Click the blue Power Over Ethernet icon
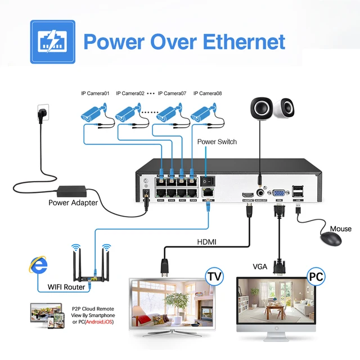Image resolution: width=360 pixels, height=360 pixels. coord(52,42)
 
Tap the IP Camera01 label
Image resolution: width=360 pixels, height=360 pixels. coord(96,93)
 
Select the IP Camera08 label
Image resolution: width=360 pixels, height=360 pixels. coord(208,93)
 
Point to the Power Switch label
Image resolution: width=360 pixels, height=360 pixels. coord(217,142)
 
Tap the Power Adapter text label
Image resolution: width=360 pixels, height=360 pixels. coord(73,203)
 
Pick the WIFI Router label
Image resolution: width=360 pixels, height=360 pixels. coord(66,287)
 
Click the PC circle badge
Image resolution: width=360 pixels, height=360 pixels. coord(316,276)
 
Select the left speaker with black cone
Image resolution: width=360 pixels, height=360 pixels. coord(260,108)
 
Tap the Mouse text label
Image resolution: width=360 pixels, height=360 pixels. coord(341,229)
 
